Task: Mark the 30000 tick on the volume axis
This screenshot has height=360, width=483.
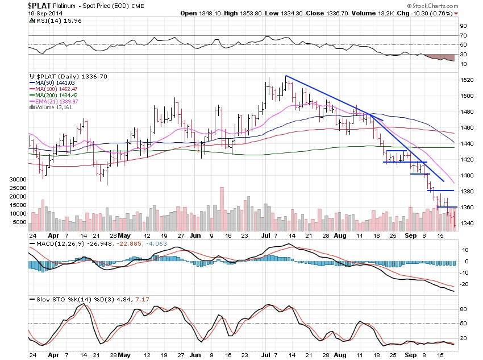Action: pos(19,179)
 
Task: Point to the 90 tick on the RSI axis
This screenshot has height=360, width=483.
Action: pos(463,26)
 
